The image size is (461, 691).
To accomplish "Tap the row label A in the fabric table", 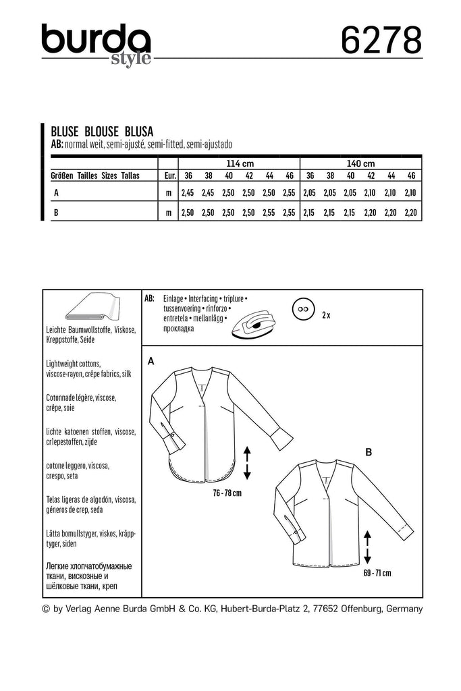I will click(x=55, y=193).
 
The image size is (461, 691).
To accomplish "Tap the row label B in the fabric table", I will click(x=55, y=213).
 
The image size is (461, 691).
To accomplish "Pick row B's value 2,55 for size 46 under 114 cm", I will click(x=290, y=213).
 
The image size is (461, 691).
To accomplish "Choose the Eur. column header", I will click(x=169, y=175).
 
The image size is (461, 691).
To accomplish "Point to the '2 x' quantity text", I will click(x=327, y=314).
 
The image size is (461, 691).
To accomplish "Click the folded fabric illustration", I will click(x=92, y=308).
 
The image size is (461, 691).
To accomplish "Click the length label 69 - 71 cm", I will click(x=377, y=574).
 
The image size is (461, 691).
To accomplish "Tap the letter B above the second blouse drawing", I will click(x=368, y=453).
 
